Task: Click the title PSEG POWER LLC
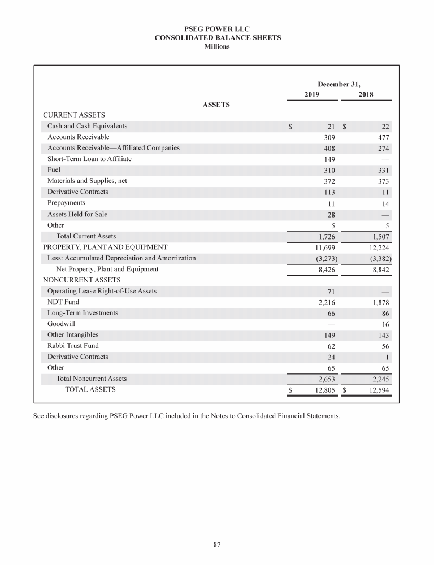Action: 217,28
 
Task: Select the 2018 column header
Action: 366,95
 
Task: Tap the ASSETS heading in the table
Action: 216,105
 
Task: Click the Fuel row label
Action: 54,170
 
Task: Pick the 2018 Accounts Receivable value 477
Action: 384,137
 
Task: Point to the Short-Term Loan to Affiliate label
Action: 89,159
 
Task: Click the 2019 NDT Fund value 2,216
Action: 327,303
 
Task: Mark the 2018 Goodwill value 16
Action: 386,325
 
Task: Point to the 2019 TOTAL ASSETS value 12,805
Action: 325,390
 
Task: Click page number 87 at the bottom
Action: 217,545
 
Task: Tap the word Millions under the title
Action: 217,46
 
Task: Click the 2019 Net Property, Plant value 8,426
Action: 327,270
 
